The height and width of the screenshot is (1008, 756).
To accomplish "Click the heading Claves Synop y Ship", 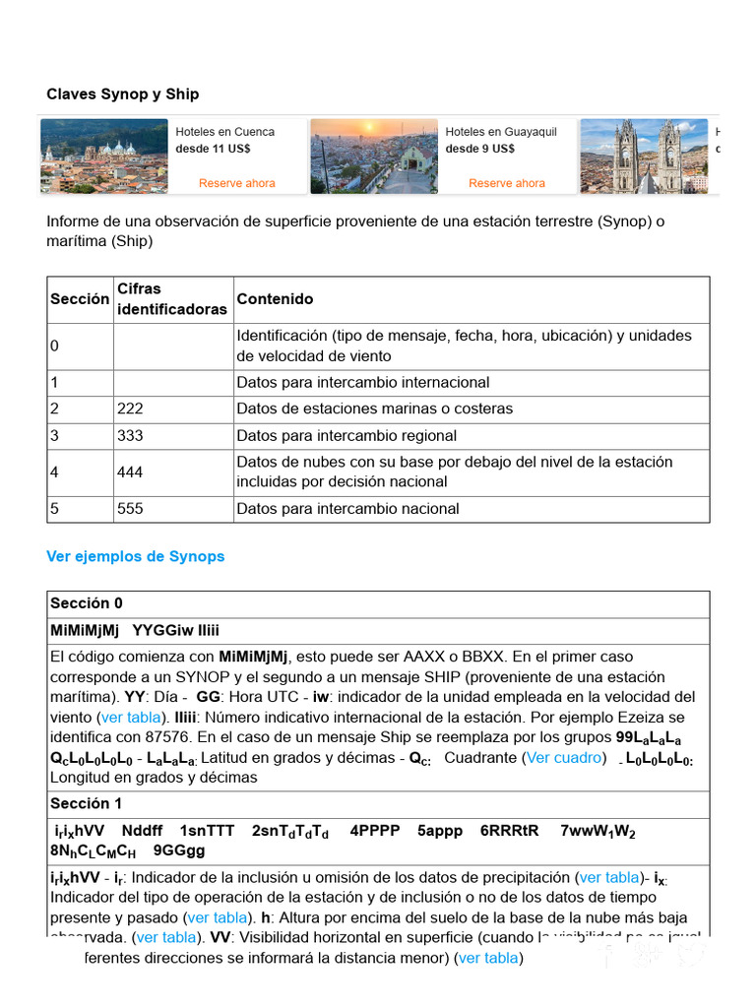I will [x=122, y=94].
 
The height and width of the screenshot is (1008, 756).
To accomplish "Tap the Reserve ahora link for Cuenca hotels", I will [x=237, y=183].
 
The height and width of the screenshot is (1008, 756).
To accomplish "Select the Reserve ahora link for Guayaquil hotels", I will [x=507, y=183].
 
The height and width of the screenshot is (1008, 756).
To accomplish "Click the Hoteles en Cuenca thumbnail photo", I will [x=104, y=157].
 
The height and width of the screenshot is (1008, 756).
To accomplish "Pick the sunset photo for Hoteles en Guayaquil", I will [x=374, y=157].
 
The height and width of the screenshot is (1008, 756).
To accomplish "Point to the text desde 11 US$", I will [x=213, y=149].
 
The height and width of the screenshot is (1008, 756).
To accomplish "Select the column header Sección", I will [x=80, y=299].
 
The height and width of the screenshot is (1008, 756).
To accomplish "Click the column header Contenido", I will [x=275, y=299].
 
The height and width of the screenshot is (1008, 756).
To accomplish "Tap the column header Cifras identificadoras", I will [x=171, y=299].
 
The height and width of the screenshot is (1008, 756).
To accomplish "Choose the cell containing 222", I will [x=130, y=409].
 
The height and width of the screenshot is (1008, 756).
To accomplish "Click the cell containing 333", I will [x=130, y=436].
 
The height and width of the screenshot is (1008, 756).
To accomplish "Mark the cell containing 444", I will [x=130, y=472].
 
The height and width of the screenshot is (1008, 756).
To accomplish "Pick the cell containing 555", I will [x=130, y=509].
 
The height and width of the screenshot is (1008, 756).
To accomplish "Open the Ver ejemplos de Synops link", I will [x=135, y=556].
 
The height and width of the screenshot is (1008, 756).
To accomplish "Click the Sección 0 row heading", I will [x=87, y=603].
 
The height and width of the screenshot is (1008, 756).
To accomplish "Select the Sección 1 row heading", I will [x=87, y=803].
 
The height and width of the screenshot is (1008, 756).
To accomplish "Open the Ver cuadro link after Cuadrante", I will [x=565, y=758].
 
